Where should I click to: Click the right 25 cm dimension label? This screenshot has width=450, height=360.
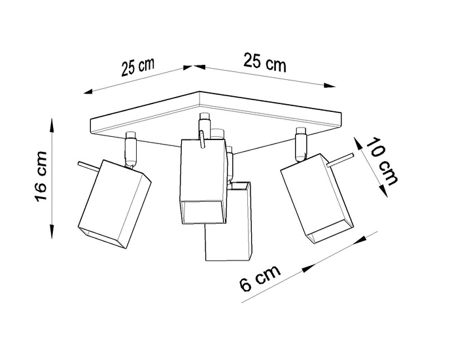(x=265, y=63)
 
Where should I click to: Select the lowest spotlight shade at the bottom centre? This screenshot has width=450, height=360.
(x=229, y=226)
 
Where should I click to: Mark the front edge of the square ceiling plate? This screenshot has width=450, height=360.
(x=216, y=141)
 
